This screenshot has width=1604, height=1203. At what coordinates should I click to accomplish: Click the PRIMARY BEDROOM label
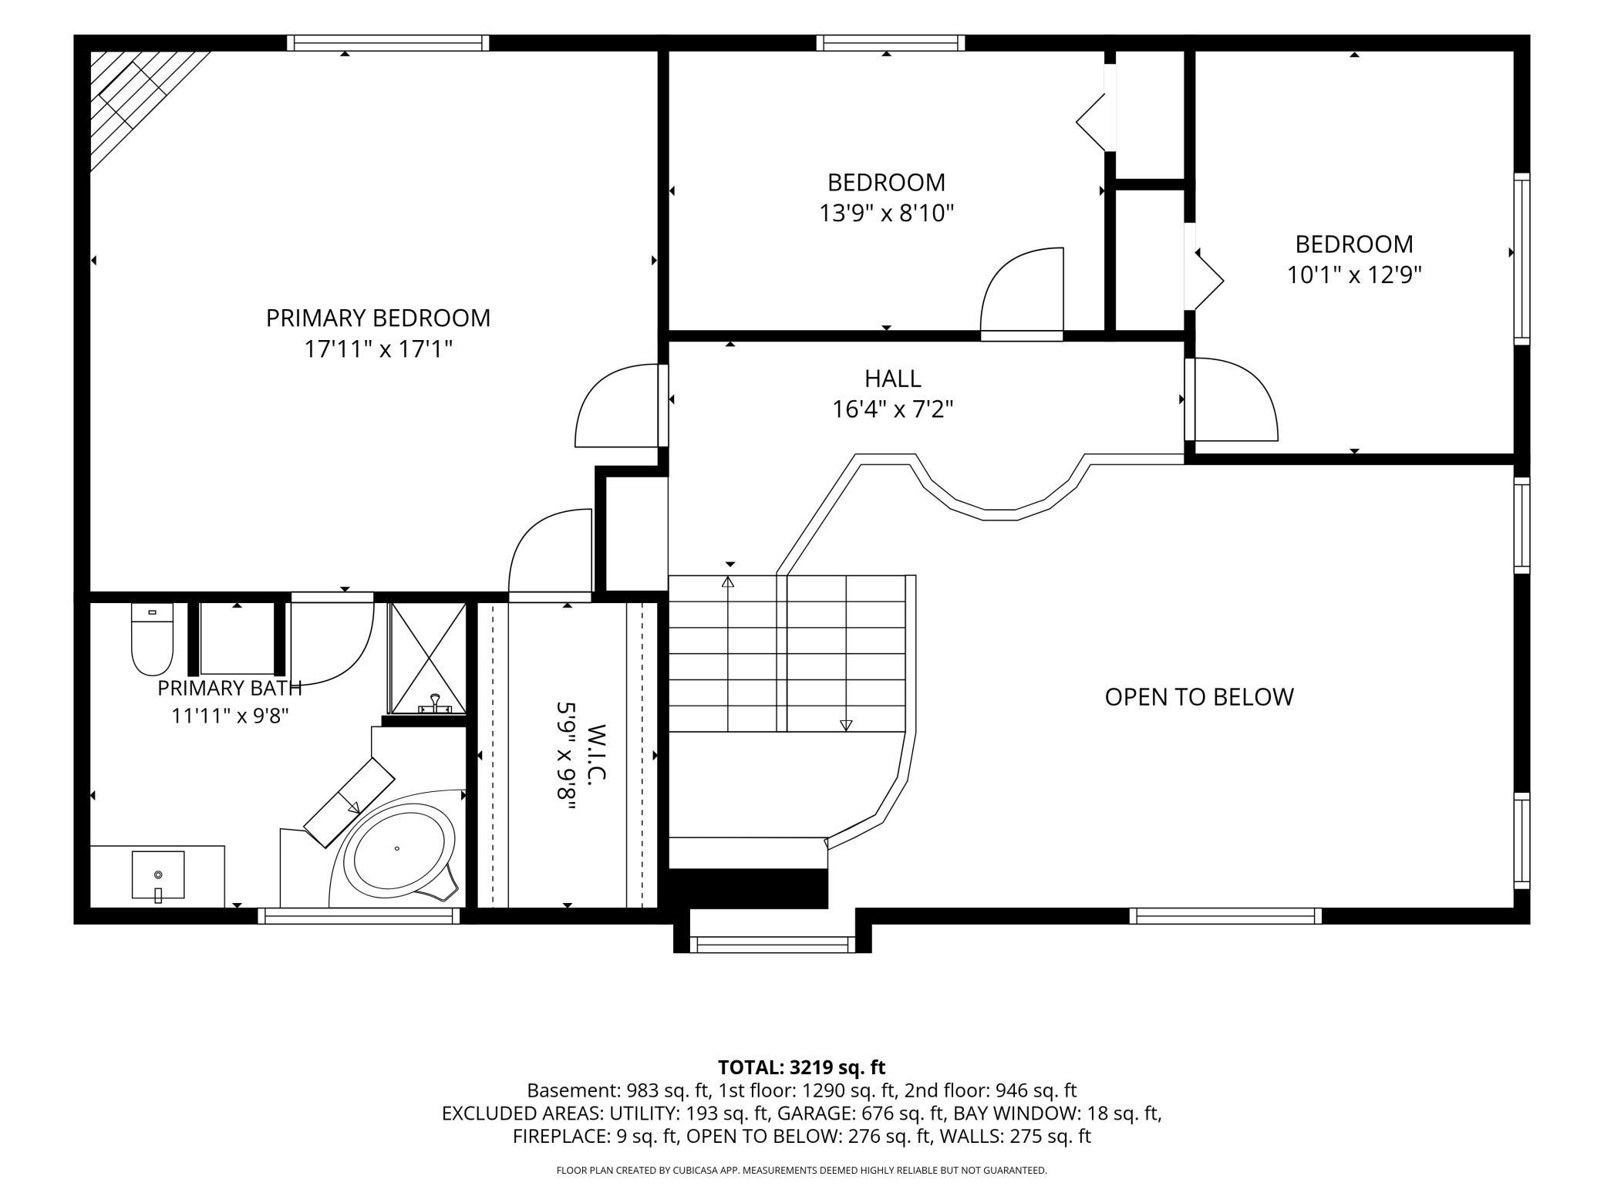tap(378, 318)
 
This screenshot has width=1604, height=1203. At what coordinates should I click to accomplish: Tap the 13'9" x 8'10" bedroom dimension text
tap(886, 213)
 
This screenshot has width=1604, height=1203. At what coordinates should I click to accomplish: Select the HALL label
tap(892, 379)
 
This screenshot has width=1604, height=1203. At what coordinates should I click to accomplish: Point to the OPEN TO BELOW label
tap(1199, 697)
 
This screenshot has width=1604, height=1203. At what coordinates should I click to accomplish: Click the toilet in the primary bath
tap(152, 639)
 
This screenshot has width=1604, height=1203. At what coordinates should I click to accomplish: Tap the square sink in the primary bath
tap(158, 875)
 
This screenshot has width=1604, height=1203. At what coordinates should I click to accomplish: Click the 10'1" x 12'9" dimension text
tap(1354, 275)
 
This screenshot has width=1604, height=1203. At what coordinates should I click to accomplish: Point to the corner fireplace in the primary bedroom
tap(139, 100)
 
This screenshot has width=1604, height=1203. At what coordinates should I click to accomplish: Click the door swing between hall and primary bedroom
tap(617, 406)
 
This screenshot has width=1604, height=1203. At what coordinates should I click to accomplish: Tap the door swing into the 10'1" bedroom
tap(1232, 399)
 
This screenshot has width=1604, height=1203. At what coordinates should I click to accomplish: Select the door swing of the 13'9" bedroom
tap(1022, 294)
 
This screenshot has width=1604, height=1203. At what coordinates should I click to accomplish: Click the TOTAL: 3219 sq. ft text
tap(801, 1067)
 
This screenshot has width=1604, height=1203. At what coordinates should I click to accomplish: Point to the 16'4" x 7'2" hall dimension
tap(892, 409)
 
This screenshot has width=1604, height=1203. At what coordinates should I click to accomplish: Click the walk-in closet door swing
tap(550, 554)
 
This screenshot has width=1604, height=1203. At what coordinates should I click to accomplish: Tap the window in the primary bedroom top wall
tap(388, 43)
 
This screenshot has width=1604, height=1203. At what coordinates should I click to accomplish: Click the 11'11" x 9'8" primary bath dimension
tap(230, 716)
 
